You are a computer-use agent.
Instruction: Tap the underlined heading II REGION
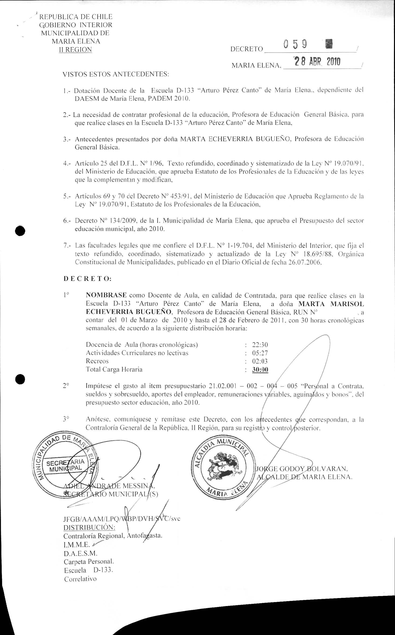[x=76, y=50]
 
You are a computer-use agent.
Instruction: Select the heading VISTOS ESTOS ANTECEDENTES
[x=116, y=74]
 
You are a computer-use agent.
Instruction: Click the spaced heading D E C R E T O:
[x=87, y=279]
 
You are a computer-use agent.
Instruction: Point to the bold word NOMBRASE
[x=106, y=295]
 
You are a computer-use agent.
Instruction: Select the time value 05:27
[x=260, y=353]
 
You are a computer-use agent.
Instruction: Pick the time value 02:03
[x=260, y=361]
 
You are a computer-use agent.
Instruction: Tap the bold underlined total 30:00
[x=260, y=370]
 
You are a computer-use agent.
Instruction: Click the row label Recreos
[x=97, y=361]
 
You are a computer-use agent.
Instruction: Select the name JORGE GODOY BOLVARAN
[x=302, y=469]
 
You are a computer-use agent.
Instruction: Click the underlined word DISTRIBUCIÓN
[x=89, y=527]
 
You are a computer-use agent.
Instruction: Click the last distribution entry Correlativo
[x=80, y=579]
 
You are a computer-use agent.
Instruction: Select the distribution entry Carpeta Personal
[x=89, y=561]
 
